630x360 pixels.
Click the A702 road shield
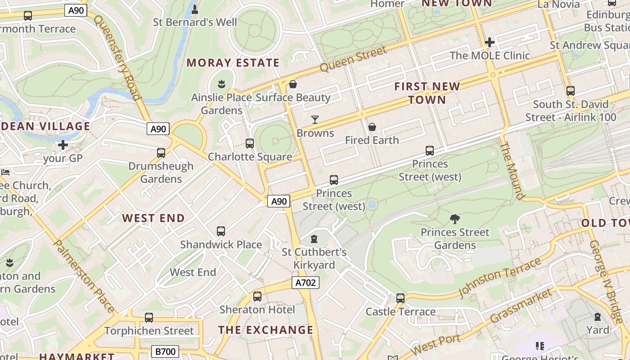pos(306,283)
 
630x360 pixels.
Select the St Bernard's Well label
pos(195,22)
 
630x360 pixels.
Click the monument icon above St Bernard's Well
pos(195,9)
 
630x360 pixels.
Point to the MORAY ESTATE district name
pos(233,63)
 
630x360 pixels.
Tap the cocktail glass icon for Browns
pos(315,120)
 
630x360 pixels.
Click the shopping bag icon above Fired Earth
pos(372,127)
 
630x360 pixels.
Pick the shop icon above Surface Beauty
pos(293,84)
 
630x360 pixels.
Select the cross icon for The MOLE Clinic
pos(490,43)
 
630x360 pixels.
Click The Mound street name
pos(512,171)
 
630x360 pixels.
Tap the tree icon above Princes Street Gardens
pos(455,219)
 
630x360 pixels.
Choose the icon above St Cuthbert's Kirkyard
pos(315,238)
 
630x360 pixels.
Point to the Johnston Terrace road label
pos(499,277)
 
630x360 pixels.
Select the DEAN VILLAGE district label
pos(45,126)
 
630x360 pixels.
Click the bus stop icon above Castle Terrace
pos(400,298)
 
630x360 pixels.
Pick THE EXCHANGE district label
pos(265,330)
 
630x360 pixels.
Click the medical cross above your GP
pos(63,145)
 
